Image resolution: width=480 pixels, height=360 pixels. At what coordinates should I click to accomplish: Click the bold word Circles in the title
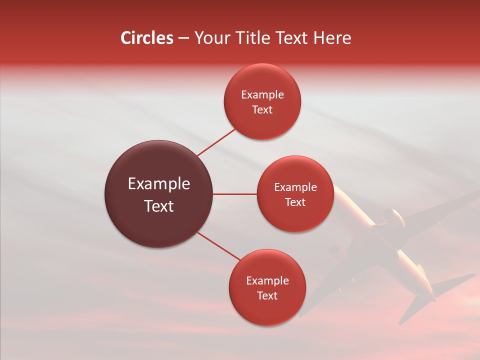coord(146,38)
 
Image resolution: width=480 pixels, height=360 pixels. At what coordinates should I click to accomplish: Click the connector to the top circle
coord(216,142)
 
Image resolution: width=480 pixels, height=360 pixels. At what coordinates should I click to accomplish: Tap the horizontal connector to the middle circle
coord(235,194)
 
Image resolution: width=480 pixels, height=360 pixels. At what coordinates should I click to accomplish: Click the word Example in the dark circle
coord(159,184)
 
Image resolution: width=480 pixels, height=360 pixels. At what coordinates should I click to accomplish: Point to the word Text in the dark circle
coord(159,206)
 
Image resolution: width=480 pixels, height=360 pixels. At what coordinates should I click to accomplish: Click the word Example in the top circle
coord(262,94)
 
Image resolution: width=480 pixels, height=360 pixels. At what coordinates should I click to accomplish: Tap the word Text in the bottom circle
coord(267,296)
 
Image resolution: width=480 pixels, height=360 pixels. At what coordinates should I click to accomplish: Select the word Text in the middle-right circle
coord(295,202)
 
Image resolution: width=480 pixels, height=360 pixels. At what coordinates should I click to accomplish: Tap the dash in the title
coord(183,38)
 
